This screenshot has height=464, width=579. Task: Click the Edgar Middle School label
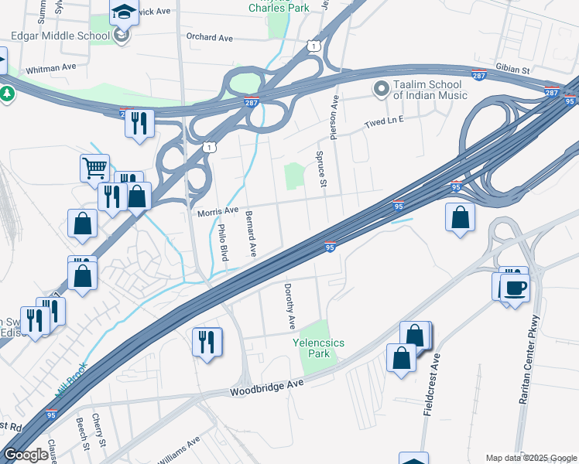tap(60, 36)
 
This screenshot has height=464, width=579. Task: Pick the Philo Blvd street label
tap(222, 242)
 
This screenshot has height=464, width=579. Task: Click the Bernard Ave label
tap(251, 234)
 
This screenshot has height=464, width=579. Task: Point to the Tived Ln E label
tap(385, 122)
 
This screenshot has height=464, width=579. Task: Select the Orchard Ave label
tap(209, 37)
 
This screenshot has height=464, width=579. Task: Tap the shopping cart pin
tap(94, 167)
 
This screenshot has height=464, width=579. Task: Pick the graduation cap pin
tap(124, 12)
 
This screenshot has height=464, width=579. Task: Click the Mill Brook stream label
tap(70, 383)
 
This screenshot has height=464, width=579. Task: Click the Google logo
tap(26, 455)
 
